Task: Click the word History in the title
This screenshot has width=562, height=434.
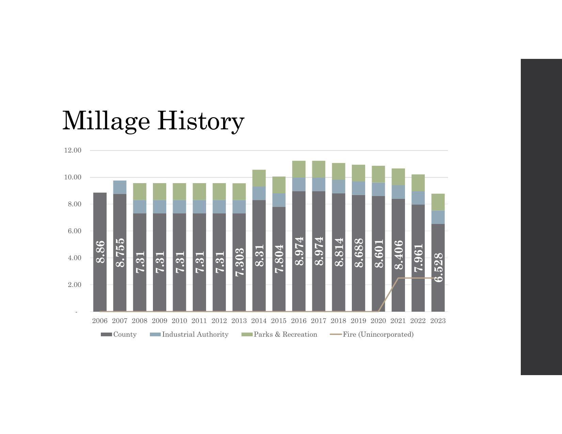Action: click(201, 120)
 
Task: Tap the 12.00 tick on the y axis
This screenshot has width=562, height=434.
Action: click(73, 150)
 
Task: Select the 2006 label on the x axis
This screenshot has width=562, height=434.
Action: click(100, 321)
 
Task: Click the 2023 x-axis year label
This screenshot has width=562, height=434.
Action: click(438, 321)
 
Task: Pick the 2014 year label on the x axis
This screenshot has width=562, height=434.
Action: click(259, 321)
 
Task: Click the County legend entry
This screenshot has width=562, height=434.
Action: click(119, 335)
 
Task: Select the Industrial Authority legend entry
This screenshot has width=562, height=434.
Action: click(189, 335)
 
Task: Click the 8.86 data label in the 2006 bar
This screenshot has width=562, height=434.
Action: click(100, 252)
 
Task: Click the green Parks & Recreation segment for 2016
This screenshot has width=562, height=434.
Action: click(299, 169)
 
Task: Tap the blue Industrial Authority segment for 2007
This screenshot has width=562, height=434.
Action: click(120, 187)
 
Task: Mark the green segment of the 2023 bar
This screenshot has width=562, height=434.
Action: click(438, 202)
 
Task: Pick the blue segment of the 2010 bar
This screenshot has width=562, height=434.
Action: click(179, 207)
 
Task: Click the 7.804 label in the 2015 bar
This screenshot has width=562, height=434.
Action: click(279, 259)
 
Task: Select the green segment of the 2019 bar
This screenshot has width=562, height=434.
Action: click(358, 173)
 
